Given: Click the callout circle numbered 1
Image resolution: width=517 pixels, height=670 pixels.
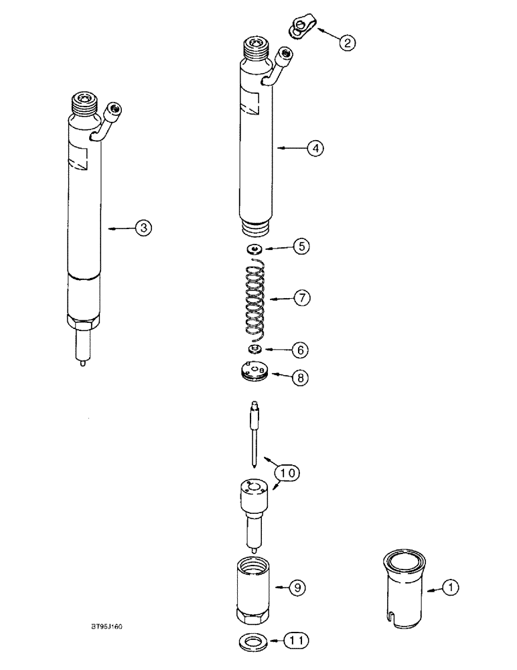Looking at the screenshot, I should [x=451, y=588].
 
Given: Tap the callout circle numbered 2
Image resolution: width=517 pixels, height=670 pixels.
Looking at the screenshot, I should [x=347, y=43].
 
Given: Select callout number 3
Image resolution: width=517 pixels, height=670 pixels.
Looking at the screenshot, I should [x=143, y=228].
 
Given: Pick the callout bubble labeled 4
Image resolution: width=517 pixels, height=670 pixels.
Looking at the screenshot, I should [x=315, y=147].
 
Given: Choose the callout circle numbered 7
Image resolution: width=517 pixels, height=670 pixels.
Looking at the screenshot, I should [x=301, y=298].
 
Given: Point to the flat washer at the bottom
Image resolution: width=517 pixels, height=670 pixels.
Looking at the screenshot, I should [x=252, y=642].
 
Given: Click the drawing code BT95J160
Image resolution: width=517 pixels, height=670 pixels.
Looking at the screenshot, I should [x=108, y=627].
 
